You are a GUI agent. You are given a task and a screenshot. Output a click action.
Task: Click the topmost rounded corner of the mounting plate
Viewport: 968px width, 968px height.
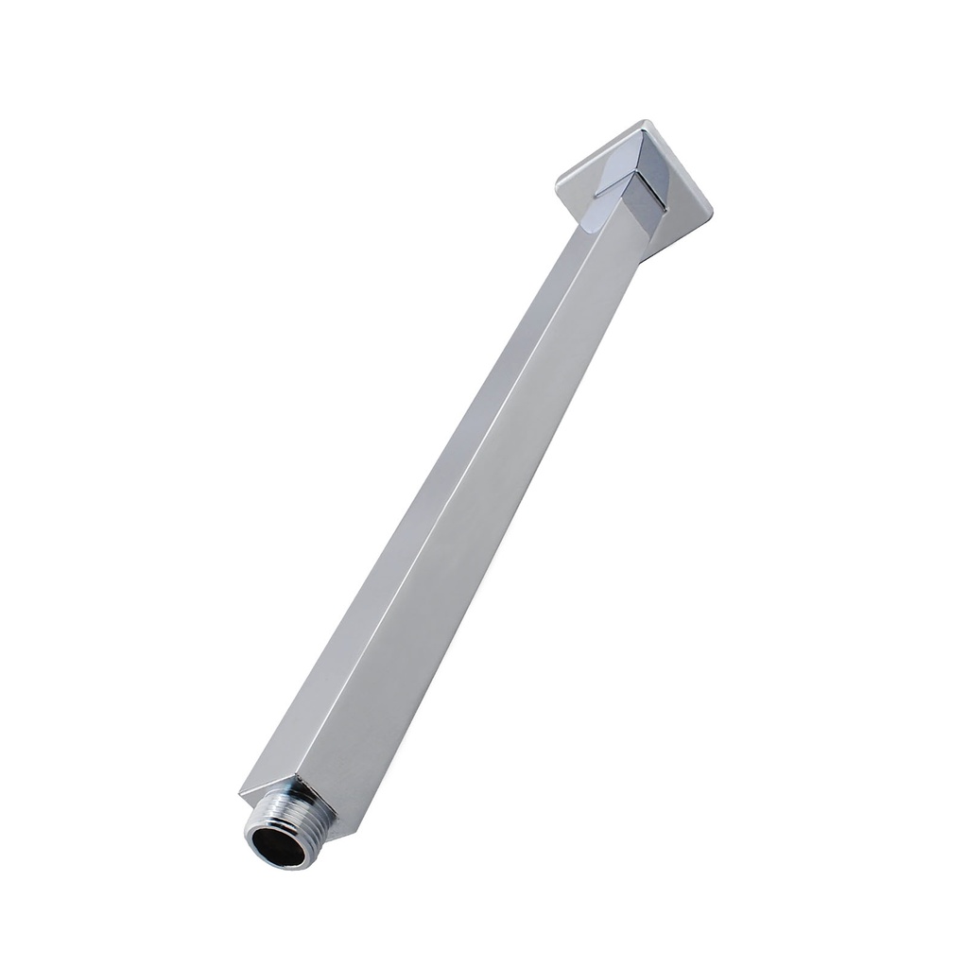(x=645, y=123)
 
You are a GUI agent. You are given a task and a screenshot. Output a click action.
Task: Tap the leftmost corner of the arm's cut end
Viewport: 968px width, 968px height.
(x=240, y=792)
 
